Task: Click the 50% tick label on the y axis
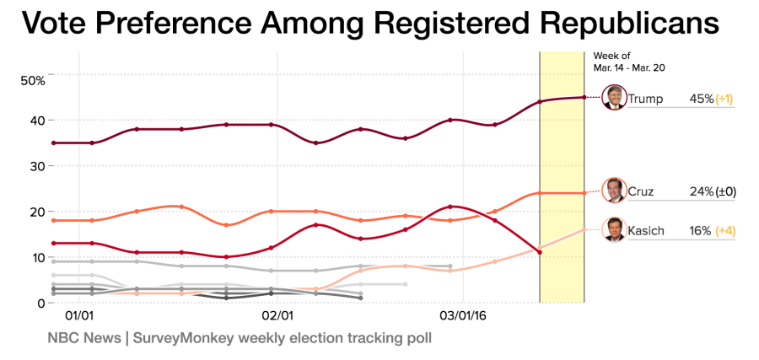[x=33, y=80]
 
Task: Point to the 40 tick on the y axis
[x=37, y=120]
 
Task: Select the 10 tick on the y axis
[x=38, y=257]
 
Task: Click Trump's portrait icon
[x=615, y=98]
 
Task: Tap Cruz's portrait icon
[x=615, y=191]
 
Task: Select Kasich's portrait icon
[x=615, y=229]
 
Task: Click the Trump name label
[x=647, y=99]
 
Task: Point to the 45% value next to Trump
[x=702, y=99]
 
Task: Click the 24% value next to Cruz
[x=702, y=191]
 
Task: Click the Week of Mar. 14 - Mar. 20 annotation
[x=624, y=62]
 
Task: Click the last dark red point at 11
[x=540, y=252]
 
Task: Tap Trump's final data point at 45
[x=584, y=97]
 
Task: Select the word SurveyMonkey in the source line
[x=179, y=338]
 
